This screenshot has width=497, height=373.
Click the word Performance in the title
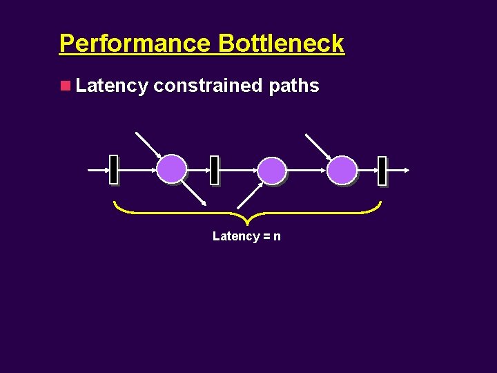(136, 44)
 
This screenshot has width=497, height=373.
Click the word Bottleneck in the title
(281, 44)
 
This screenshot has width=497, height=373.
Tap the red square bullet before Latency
(66, 86)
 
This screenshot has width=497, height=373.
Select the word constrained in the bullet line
(208, 86)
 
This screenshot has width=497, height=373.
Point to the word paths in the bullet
(294, 86)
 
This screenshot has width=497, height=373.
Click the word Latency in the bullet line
(112, 86)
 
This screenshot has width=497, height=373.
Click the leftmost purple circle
(171, 169)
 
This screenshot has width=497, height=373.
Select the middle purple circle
(272, 170)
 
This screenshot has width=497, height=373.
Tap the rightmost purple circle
(342, 170)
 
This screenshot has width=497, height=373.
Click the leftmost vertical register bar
(113, 169)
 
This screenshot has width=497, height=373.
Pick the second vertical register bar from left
(214, 170)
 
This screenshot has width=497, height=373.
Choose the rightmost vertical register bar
(382, 170)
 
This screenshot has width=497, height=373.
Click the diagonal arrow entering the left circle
(148, 144)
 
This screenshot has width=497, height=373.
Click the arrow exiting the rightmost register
(399, 169)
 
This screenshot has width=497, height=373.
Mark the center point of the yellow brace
(246, 220)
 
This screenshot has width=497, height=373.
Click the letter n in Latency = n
(277, 236)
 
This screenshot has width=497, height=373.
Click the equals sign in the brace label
(266, 236)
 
